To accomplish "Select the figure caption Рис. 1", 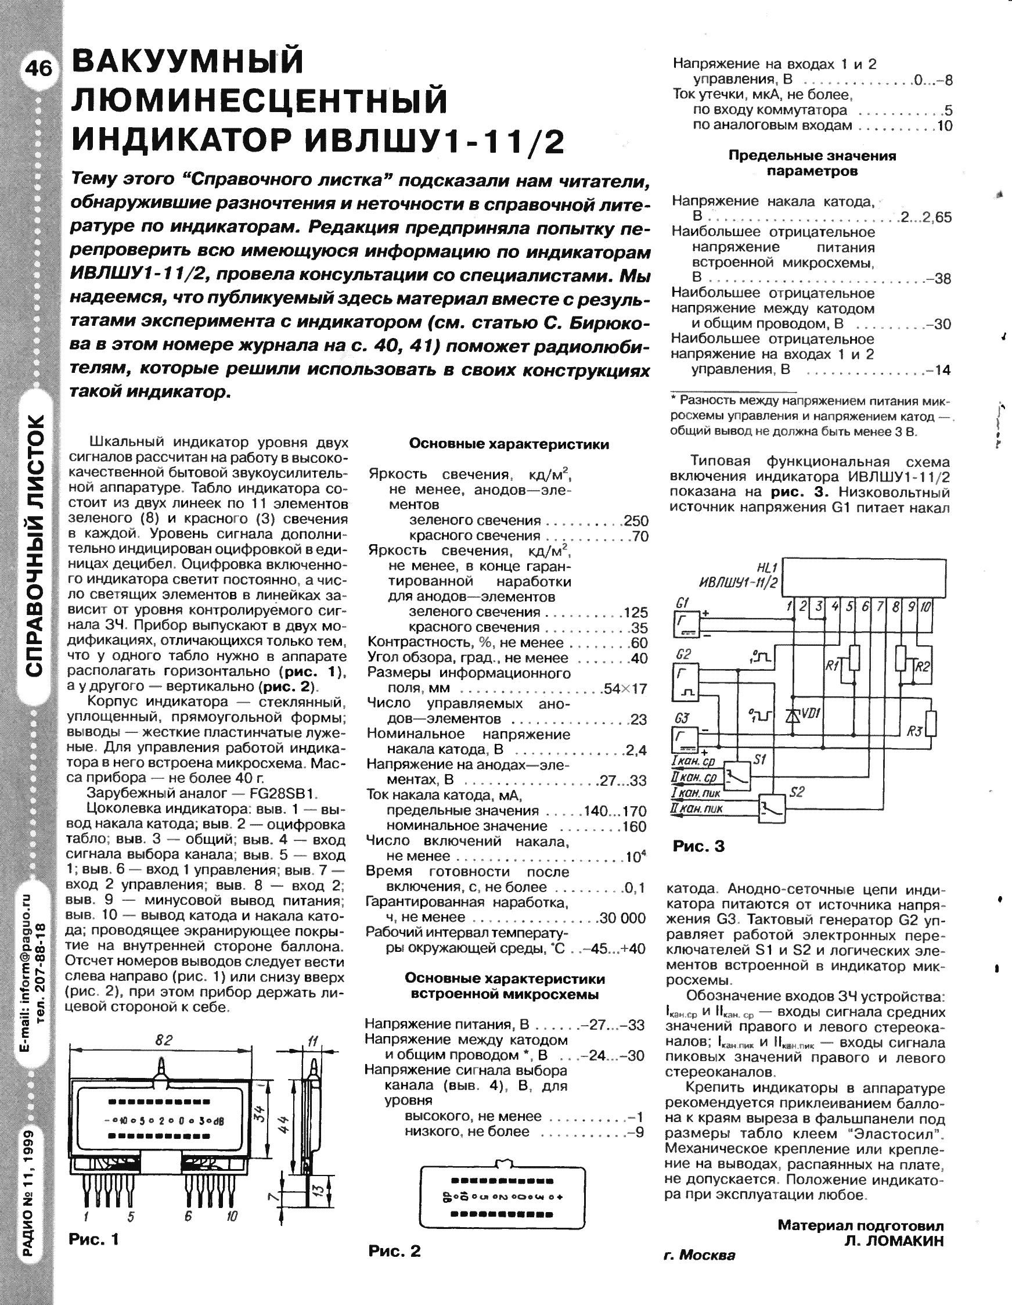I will (94, 1239).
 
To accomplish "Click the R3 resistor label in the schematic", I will (914, 731).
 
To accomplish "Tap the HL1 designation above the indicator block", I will (766, 567).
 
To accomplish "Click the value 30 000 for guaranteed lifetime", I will (622, 918).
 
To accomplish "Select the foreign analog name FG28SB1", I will (283, 793).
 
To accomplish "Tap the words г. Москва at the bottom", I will (700, 1256).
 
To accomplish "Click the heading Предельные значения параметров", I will (812, 163).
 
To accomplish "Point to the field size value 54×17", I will (625, 688).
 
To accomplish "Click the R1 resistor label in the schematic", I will (831, 664).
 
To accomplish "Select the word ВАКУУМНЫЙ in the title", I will (188, 62).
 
